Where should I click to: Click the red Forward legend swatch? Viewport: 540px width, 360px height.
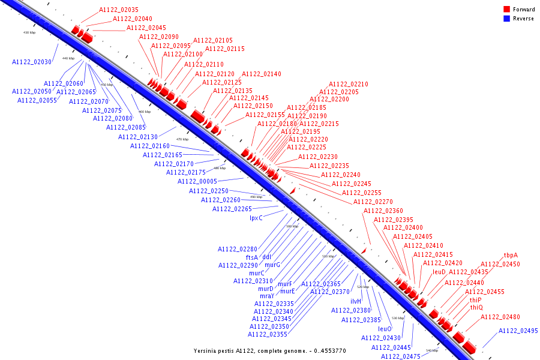click(x=506, y=10)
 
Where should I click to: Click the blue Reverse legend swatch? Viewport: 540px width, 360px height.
click(x=506, y=19)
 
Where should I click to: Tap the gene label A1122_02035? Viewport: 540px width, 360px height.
click(x=119, y=10)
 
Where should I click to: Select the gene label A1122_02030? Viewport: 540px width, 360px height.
click(x=32, y=62)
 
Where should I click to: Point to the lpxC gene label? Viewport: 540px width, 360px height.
click(x=256, y=218)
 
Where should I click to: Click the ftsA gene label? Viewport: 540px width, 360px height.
click(x=252, y=257)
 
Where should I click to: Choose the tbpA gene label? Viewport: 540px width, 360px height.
click(x=511, y=255)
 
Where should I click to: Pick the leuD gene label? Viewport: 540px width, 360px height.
click(x=439, y=272)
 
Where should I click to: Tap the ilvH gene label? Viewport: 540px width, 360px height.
click(x=356, y=301)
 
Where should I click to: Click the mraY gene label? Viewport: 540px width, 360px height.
click(x=267, y=296)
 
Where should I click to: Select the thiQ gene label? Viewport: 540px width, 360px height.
click(x=476, y=308)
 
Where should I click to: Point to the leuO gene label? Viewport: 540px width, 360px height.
click(x=385, y=329)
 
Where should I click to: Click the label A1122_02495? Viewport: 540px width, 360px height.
click(x=518, y=331)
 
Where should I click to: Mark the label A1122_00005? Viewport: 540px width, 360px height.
click(x=197, y=181)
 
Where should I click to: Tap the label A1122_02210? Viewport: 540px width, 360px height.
click(x=349, y=84)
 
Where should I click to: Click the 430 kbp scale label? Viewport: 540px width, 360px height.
click(x=29, y=32)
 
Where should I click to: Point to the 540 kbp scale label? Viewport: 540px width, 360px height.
click(x=432, y=350)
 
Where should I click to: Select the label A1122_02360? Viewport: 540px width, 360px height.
click(x=383, y=211)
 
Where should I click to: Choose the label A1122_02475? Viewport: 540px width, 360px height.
click(x=401, y=356)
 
